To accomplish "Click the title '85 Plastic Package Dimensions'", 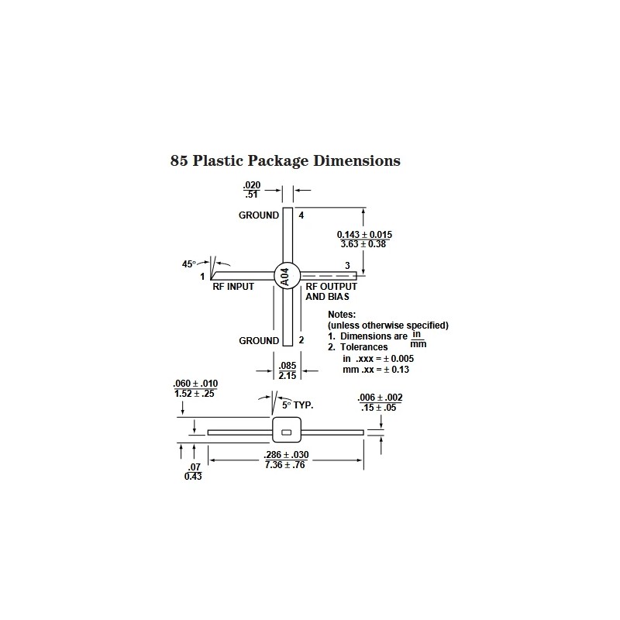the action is click(285, 161).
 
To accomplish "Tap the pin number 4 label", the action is click(301, 215).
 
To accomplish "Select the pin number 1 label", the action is click(202, 276).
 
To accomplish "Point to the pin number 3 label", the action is click(347, 266).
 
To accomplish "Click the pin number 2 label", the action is click(301, 340).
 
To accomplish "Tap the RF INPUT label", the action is click(233, 287).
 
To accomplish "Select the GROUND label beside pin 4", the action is click(259, 215).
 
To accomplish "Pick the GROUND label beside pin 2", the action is click(259, 340).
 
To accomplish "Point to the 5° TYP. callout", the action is click(297, 405).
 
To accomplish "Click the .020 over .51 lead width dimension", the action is click(252, 190).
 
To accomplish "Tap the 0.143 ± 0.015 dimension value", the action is click(364, 234).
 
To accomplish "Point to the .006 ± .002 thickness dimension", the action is click(380, 398).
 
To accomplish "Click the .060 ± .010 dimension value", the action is click(196, 384).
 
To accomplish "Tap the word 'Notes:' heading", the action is click(342, 315).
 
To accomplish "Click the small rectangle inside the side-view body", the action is click(286, 432).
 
